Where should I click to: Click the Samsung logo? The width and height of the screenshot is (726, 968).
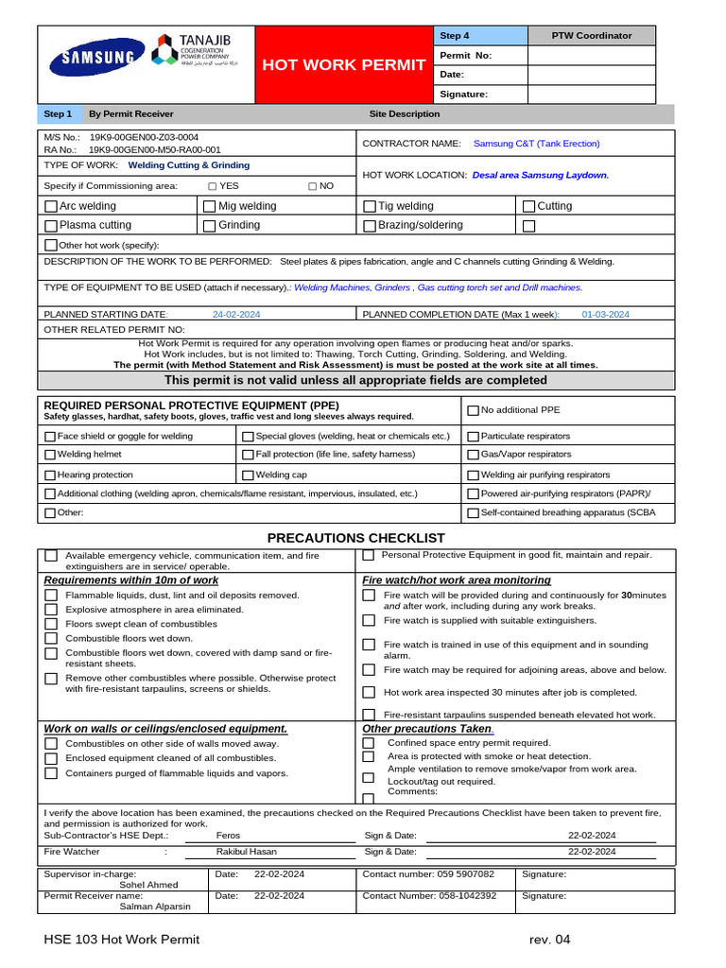point(98,57)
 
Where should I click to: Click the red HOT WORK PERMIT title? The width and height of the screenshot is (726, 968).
point(343,64)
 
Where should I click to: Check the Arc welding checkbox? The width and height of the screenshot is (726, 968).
point(51,206)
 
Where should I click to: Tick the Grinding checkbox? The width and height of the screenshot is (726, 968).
point(210,226)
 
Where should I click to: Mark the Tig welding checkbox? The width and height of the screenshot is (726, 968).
point(370,206)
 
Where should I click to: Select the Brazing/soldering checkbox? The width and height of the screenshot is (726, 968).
point(370,226)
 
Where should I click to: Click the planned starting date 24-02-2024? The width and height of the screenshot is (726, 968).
point(237,315)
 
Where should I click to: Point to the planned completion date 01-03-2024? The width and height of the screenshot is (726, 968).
point(605,315)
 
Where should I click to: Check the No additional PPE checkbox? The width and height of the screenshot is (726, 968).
point(473,410)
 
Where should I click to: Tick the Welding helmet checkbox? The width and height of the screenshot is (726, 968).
point(50,455)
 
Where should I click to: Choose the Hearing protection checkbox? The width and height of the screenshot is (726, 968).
point(50,475)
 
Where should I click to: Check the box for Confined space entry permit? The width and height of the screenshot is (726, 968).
point(369,743)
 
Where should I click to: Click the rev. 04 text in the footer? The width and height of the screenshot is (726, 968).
point(550,940)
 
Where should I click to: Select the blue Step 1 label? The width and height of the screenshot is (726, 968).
point(58,114)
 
